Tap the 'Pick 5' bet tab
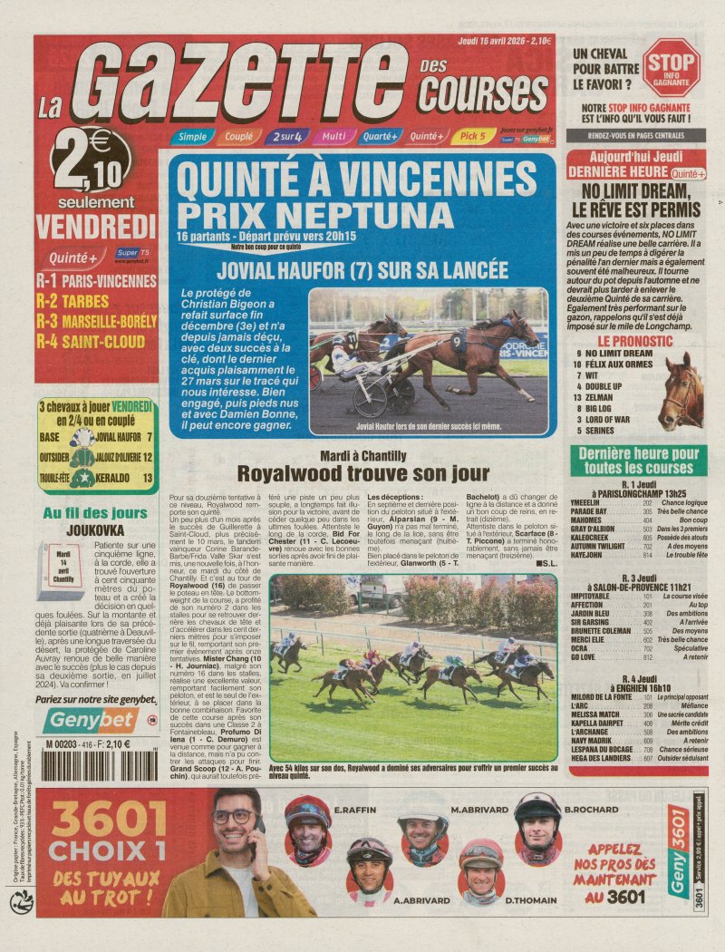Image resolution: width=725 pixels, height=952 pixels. [x=472, y=136]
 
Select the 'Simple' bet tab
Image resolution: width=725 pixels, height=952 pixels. [x=192, y=137]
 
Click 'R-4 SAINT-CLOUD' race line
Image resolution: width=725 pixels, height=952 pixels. [x=90, y=342]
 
